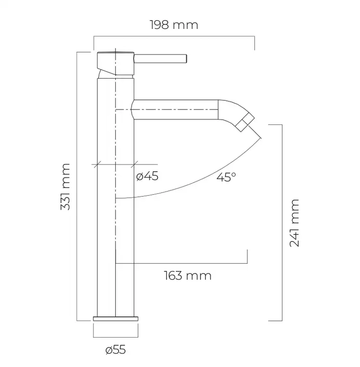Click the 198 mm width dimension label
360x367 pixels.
pos(174,25)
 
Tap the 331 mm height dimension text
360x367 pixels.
pos(66,187)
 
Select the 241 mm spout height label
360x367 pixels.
pos(294,223)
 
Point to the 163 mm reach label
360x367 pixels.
pos(187,276)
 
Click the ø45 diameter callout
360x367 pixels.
pos(147,176)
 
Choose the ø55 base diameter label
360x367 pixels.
pos(116,350)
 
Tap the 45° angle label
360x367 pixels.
pos(226,177)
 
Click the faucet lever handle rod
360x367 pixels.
pos(160,58)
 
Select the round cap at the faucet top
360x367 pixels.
pos(116,64)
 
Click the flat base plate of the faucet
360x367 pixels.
pos(116,319)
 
